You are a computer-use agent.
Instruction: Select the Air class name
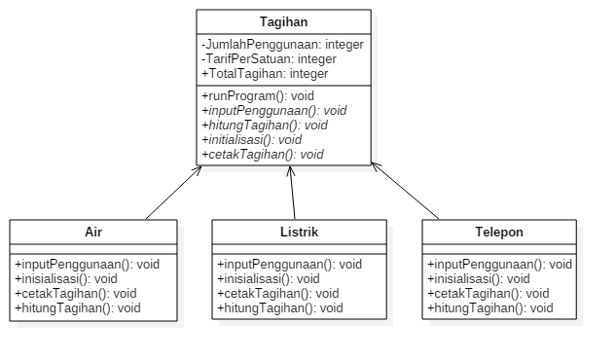pos(93,233)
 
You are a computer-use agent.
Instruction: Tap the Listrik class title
pos(299,233)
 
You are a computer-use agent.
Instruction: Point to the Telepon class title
pos(499,233)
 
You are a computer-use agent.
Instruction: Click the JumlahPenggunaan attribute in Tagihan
pos(268,45)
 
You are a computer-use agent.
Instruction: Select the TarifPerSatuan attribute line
pos(255,59)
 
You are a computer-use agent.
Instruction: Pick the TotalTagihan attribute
pos(265,74)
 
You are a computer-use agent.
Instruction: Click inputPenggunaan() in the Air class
pos(87,264)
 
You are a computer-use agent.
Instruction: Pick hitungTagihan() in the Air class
pos(77,308)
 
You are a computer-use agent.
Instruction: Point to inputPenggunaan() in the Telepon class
pos(499,264)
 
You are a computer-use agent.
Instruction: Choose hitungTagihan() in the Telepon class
pos(489,308)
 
